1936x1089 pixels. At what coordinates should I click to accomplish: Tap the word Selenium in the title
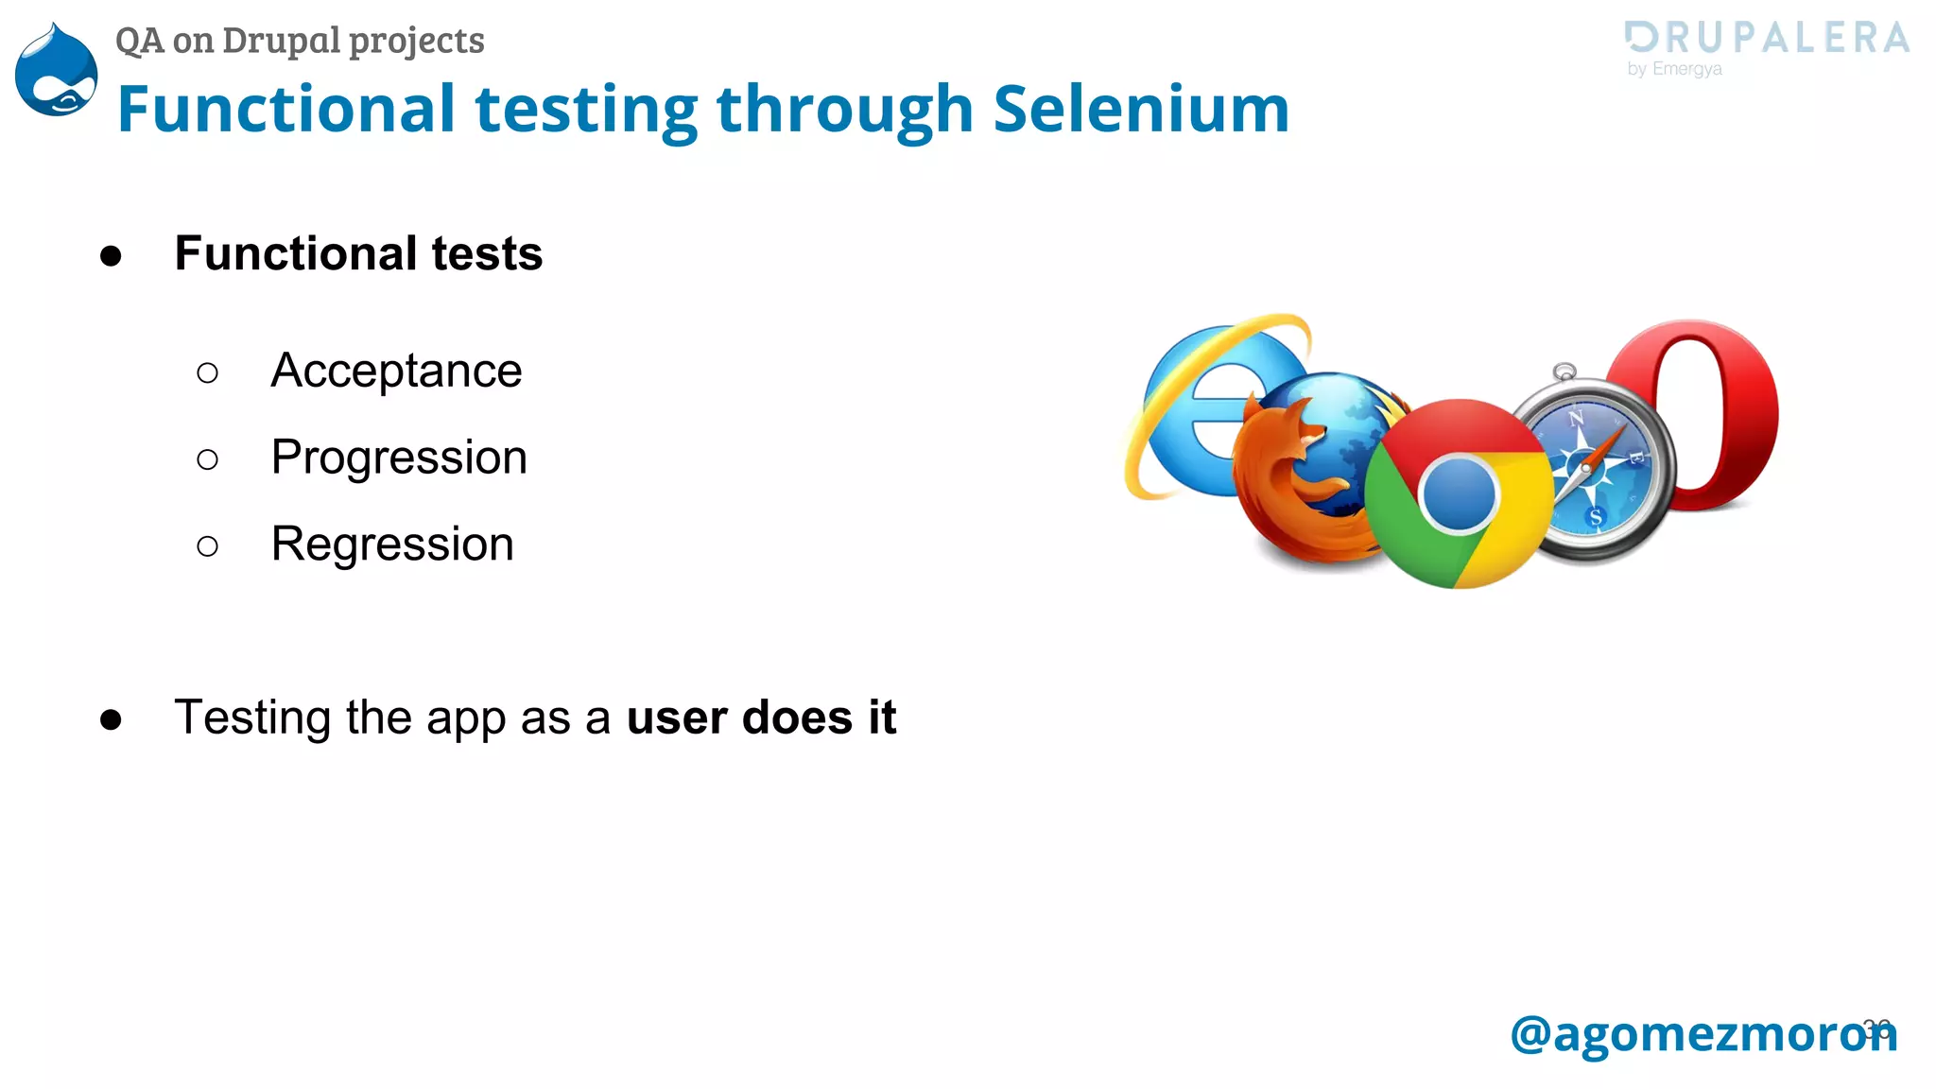tap(1141, 109)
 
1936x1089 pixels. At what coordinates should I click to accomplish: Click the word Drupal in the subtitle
tap(281, 41)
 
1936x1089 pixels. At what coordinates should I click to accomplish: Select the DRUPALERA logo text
tap(1767, 38)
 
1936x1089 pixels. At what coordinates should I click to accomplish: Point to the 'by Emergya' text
tap(1674, 69)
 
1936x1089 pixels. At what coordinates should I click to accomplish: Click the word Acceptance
tap(396, 371)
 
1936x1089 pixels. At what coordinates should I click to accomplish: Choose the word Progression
tap(399, 458)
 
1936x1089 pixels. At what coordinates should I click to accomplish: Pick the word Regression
tap(392, 544)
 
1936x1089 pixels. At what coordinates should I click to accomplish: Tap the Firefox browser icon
tap(1300, 482)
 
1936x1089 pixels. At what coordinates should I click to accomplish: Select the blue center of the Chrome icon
tap(1459, 493)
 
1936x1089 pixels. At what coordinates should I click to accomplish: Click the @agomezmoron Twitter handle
tap(1703, 1033)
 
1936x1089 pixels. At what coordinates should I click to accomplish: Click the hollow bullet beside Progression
tap(207, 460)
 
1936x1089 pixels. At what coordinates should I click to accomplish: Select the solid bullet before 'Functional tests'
tap(111, 255)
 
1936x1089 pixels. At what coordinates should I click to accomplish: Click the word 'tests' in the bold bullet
tap(487, 254)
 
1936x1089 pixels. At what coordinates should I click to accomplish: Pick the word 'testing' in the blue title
tap(586, 111)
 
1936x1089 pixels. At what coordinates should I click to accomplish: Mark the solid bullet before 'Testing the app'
tap(111, 719)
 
